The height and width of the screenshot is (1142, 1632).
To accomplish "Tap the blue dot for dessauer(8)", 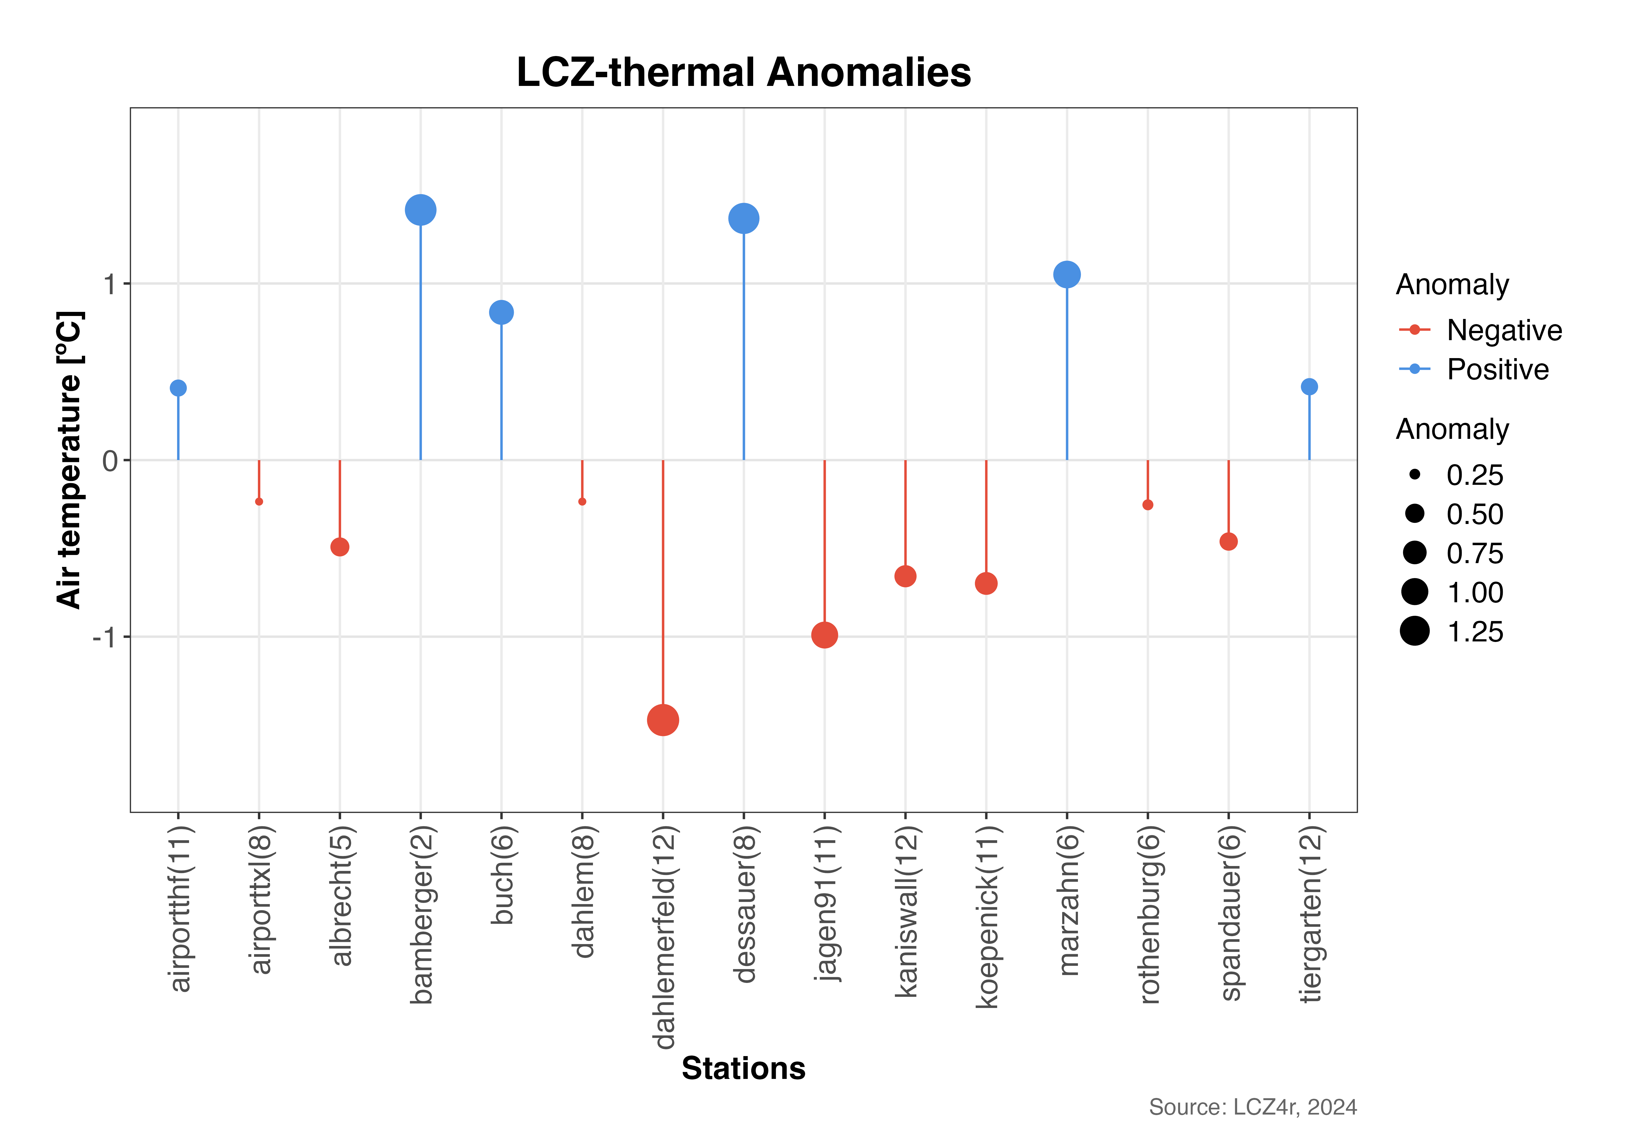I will tap(743, 218).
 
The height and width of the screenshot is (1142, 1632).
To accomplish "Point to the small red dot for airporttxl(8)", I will tap(259, 502).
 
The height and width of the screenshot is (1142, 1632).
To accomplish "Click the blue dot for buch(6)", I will tap(501, 312).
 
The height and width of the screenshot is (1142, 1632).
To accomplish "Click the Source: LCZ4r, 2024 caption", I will tap(1253, 1106).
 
